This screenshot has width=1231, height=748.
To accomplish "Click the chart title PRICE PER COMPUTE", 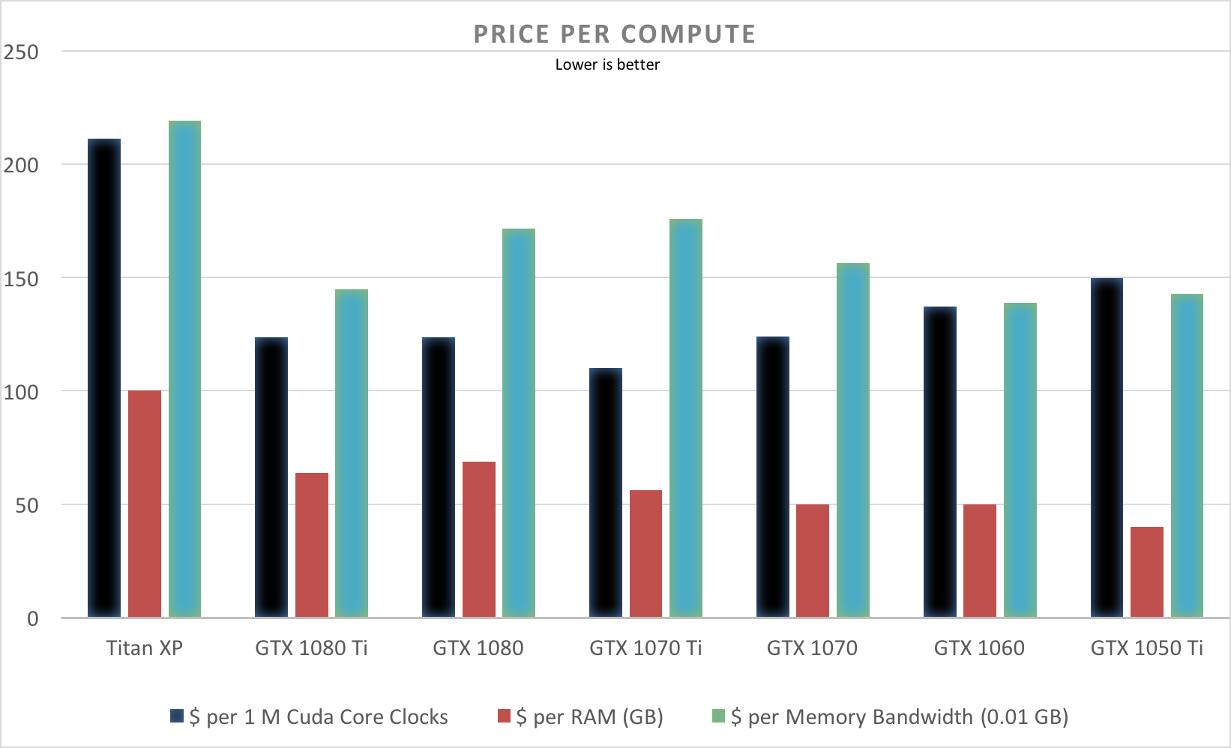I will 614,34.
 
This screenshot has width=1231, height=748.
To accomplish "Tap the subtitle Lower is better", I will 607,65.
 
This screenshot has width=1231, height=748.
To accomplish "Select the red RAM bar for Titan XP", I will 145,504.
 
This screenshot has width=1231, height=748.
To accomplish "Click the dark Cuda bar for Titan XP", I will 104,378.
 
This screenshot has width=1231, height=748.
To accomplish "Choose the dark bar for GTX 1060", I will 940,462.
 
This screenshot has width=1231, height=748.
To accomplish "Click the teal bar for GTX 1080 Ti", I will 352,453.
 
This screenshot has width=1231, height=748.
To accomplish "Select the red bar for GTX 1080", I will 479,540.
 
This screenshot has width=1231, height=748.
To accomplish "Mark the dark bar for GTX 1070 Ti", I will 606,492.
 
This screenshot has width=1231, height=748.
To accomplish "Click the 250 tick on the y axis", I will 21,52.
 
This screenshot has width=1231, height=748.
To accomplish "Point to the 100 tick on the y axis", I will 21,392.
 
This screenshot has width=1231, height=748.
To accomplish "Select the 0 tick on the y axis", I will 32,619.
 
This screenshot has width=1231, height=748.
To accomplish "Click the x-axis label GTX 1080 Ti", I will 311,648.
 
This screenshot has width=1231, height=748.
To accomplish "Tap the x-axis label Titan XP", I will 145,648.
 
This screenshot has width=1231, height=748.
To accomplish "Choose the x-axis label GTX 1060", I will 979,648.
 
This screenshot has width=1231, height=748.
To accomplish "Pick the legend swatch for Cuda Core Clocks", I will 177,716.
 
